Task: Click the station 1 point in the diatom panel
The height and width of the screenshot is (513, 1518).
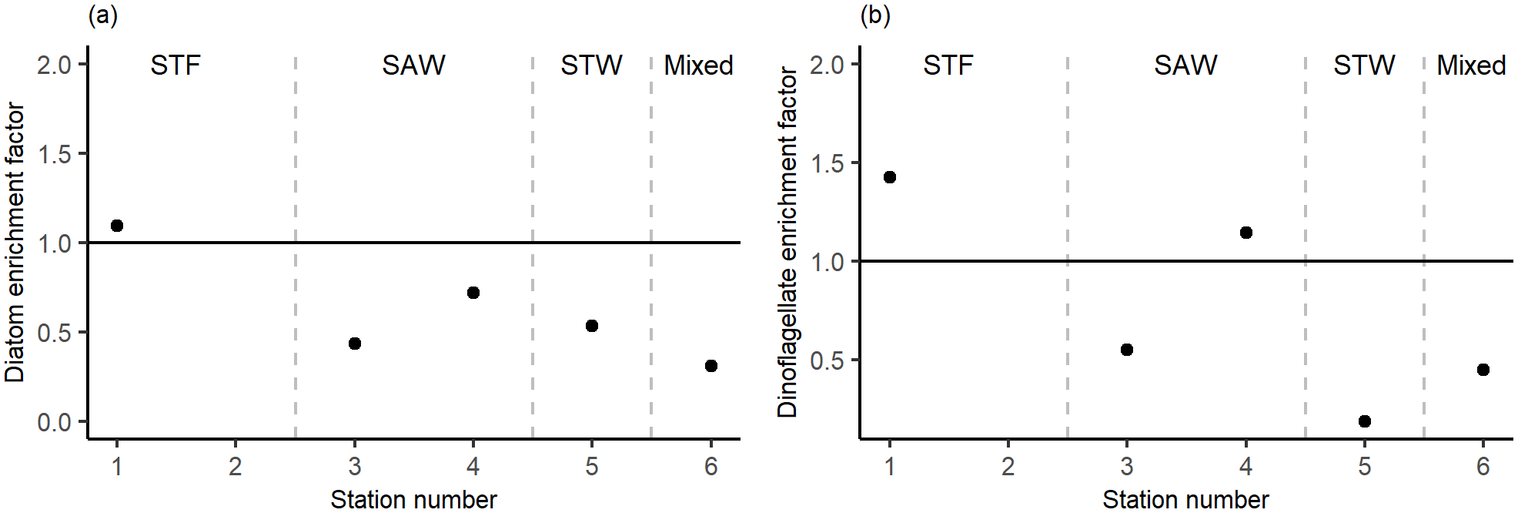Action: pos(117,226)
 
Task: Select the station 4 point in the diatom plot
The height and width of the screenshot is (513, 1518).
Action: pos(473,293)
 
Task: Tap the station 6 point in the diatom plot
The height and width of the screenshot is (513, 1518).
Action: pos(711,366)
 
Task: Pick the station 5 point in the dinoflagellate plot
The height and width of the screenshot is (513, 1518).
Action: pos(1365,421)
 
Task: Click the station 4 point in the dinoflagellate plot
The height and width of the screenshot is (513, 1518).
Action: pos(1246,233)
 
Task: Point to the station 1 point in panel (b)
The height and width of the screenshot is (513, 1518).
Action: pos(890,177)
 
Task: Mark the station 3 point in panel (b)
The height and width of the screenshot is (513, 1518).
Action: pos(1127,350)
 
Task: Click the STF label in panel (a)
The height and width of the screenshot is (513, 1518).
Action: pos(176,65)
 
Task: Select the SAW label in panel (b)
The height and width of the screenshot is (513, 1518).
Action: pos(1185,65)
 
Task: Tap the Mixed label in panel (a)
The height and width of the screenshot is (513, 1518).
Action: pos(698,65)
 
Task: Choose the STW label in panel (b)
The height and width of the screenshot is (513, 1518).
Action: pos(1364,65)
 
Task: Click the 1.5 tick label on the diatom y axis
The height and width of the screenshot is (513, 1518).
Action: pos(54,154)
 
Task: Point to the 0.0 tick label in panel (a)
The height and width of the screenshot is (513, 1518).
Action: pos(54,422)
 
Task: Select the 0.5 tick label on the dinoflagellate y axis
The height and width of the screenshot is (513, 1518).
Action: pos(827,360)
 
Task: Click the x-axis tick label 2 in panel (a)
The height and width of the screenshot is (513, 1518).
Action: pos(236,466)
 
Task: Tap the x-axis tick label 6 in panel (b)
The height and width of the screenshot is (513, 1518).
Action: pos(1483,466)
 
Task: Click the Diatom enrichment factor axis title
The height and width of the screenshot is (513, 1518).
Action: pos(15,243)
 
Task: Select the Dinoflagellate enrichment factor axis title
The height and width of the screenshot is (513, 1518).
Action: pos(787,243)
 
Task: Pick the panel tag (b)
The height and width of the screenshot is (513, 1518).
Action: pos(875,15)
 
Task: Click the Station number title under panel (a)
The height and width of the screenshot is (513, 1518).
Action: pos(413,499)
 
